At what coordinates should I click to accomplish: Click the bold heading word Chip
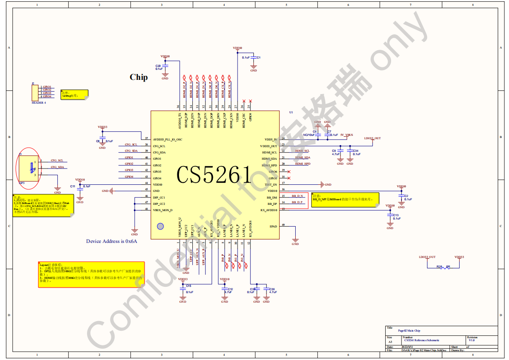coord(138,77)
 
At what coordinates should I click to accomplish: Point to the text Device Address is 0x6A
coord(112,241)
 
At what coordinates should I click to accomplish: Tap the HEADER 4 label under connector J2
coord(39,102)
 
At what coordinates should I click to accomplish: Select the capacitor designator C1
coord(258,57)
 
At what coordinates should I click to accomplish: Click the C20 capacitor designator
coord(158,66)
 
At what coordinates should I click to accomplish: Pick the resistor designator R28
coord(439,266)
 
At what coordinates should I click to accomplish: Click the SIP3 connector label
coord(22,183)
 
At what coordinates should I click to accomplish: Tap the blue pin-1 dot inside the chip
coord(160,226)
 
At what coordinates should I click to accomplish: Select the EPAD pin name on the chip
coord(273,226)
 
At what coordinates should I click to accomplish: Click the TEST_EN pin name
coord(271,184)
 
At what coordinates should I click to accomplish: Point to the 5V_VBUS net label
coord(346,135)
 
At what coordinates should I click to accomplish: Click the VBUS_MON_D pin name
coord(163,210)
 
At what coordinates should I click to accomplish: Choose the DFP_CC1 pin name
coord(159,197)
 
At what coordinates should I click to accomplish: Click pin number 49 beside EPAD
coord(283,225)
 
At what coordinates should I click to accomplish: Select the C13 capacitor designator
coord(396,215)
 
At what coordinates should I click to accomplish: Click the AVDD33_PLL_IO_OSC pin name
coord(167,139)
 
